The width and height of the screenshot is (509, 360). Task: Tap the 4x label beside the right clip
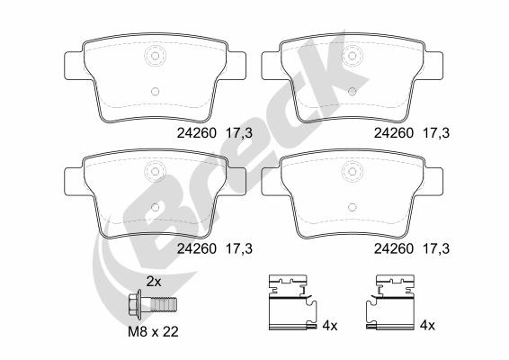click(x=426, y=326)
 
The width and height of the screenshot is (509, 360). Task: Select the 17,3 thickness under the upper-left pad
click(x=239, y=132)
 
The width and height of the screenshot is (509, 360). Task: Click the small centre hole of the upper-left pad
click(x=155, y=90)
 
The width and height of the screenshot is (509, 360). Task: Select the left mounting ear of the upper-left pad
click(x=71, y=63)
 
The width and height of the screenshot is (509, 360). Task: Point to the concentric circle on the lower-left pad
click(x=155, y=168)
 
